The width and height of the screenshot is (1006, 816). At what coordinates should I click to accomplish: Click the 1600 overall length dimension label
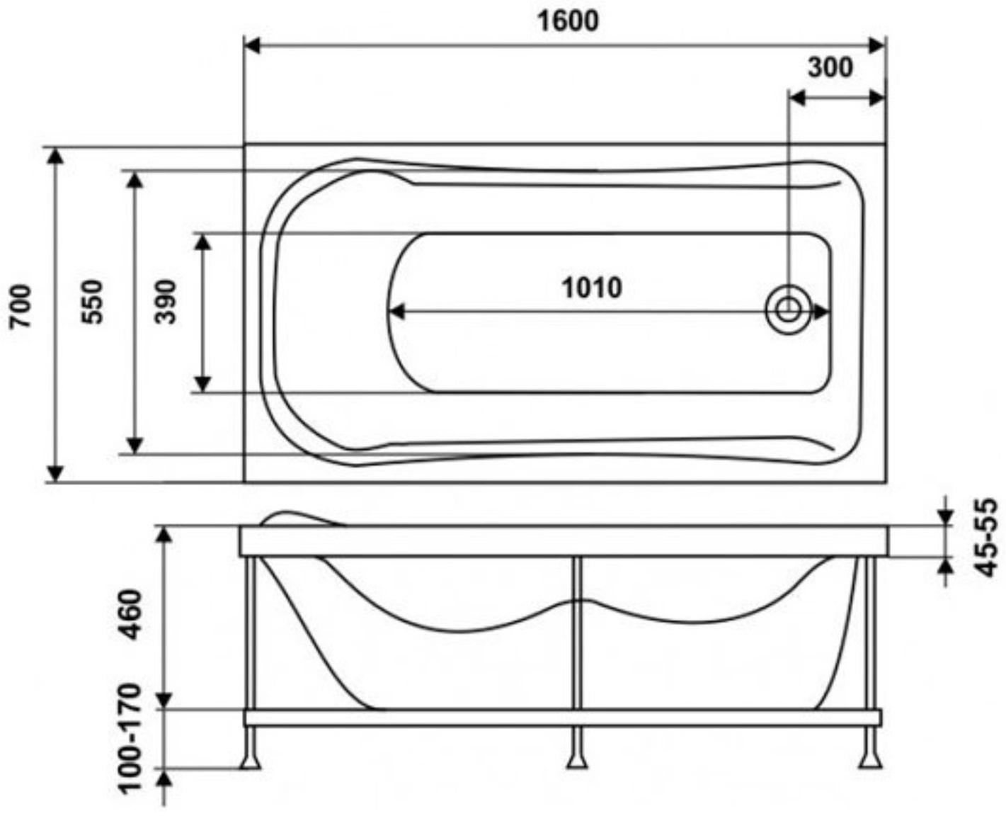click(567, 21)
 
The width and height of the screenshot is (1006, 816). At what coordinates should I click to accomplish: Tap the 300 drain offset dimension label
click(830, 67)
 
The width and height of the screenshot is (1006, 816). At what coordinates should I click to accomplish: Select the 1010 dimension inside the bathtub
click(592, 288)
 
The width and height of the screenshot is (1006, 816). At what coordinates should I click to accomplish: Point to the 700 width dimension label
click(21, 306)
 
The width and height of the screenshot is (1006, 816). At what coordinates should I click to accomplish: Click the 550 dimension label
click(92, 302)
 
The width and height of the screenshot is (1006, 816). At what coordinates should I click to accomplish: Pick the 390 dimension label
click(165, 302)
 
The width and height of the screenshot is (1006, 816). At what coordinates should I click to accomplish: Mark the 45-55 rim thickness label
click(985, 538)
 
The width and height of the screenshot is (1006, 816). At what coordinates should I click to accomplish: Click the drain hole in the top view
click(787, 310)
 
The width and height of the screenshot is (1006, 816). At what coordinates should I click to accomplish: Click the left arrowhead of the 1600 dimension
click(252, 46)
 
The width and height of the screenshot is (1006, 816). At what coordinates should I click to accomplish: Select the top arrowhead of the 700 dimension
click(55, 156)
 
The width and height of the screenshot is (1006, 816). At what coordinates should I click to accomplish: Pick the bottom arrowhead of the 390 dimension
click(202, 384)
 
